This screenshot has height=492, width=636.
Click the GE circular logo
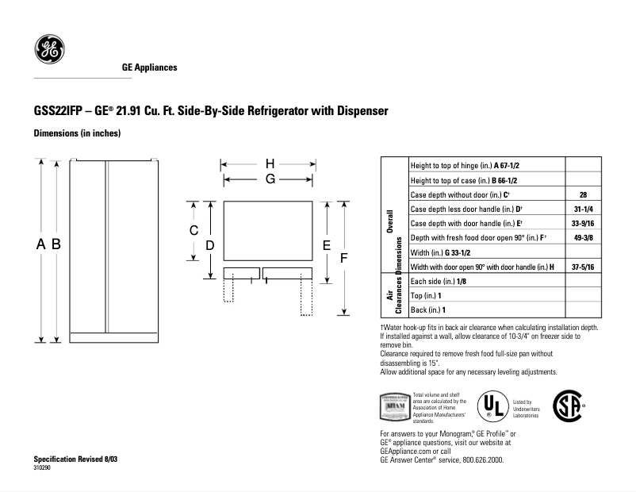point(49,49)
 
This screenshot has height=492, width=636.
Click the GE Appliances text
point(149,67)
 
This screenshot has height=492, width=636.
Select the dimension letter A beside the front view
point(40,245)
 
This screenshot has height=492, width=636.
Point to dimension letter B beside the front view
point(56,245)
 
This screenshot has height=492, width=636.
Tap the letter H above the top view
point(270,164)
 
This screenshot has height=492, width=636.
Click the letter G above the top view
point(270,179)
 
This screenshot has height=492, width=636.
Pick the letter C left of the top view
point(193,231)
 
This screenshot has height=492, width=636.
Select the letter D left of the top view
point(210,246)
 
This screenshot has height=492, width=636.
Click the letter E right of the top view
point(326,246)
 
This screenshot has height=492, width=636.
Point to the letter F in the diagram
point(343,259)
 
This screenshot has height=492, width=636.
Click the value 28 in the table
point(583,194)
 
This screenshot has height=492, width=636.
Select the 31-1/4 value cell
point(583,209)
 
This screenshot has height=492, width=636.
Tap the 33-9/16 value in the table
point(583,223)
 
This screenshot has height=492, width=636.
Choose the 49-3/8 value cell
point(583,237)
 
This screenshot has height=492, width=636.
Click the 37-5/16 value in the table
point(583,267)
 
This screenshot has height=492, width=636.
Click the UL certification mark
point(492,406)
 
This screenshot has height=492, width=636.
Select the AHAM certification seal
point(395,406)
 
